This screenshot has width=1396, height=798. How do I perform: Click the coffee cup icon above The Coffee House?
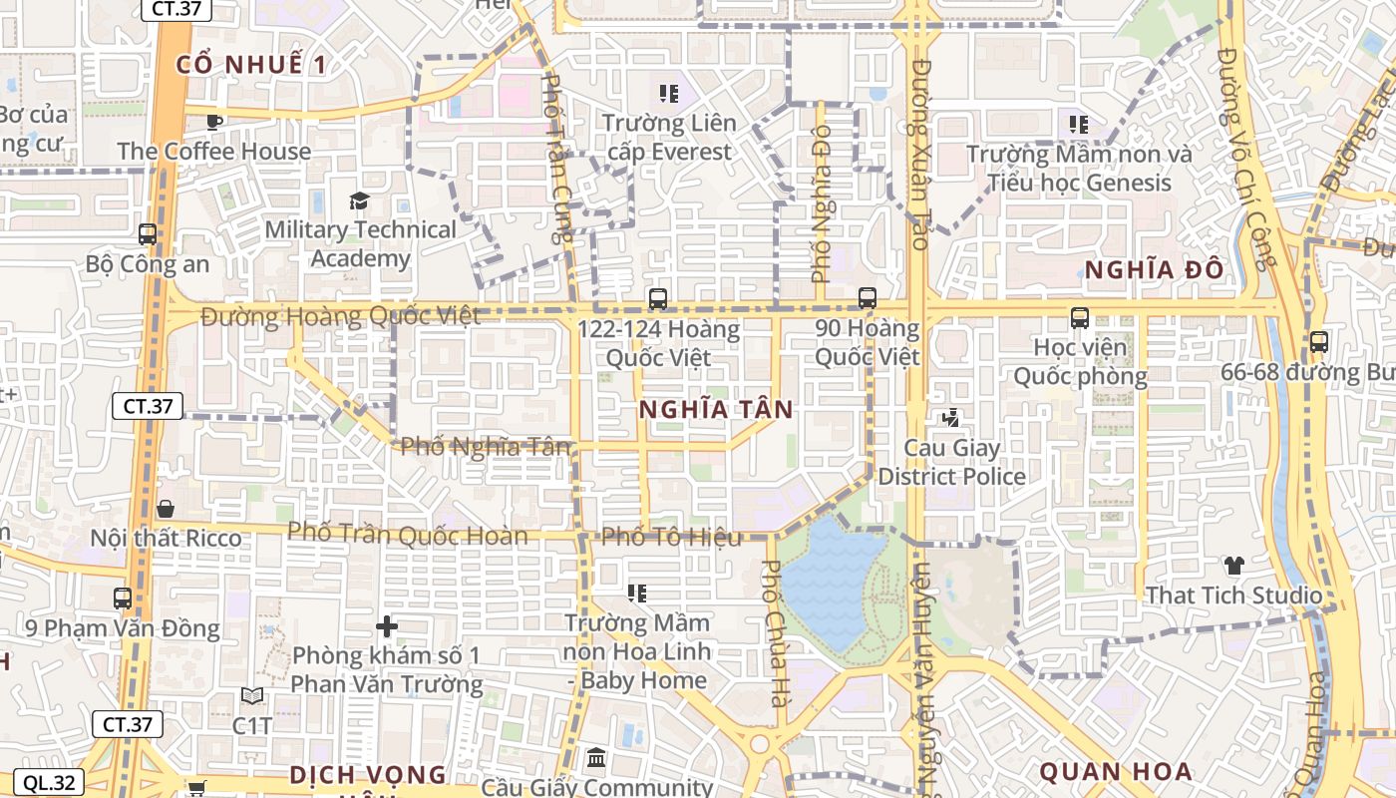coord(213,122)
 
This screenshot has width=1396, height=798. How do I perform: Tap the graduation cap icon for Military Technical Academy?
coord(360,200)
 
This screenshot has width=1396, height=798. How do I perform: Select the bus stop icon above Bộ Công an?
coord(148,234)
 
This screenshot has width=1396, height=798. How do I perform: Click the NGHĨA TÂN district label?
coord(716,409)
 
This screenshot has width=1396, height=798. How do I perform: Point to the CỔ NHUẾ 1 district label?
coord(251,65)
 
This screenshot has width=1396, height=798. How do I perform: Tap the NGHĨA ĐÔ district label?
coord(1154,270)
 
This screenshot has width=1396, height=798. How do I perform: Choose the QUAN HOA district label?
coord(1116,771)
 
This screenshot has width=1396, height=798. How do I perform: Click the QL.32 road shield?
coord(48,783)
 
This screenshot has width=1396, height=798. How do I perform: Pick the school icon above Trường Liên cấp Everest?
coord(669,94)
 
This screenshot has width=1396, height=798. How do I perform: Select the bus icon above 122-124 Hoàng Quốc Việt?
coord(658,298)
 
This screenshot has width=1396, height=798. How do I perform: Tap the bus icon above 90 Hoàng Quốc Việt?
coord(868,297)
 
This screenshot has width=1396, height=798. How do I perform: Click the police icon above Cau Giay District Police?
coord(950,418)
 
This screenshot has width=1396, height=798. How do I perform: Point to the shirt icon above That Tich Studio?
coord(1234,566)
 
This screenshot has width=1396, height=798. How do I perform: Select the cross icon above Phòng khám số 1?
coord(387,626)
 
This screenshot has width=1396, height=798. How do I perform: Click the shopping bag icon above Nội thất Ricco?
coord(166,509)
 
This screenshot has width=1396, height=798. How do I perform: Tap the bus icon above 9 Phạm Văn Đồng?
coord(123,598)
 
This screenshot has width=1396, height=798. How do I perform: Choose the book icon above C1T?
coord(252,695)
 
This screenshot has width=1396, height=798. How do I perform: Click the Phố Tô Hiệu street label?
coord(671,537)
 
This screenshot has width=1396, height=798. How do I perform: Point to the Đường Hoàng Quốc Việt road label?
coord(340,316)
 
